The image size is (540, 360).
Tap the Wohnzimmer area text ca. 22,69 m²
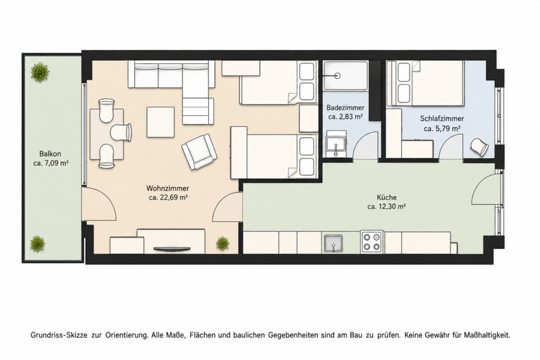point(168,198)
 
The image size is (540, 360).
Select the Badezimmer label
point(345,108)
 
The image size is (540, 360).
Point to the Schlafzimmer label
point(442,119)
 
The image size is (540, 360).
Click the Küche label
point(386,197)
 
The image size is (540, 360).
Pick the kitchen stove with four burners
point(371,242)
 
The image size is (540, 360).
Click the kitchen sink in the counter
point(333,244)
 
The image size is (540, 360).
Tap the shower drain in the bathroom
point(337,76)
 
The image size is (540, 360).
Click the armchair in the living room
point(199,152)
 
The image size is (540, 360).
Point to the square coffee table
point(160,122)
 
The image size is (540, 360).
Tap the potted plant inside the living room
point(223,243)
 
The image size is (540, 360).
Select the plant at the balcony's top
point(40,72)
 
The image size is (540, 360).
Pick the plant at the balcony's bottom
point(38,244)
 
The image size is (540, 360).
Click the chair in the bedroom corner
point(479,148)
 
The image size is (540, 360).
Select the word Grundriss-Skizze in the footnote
point(59,335)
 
